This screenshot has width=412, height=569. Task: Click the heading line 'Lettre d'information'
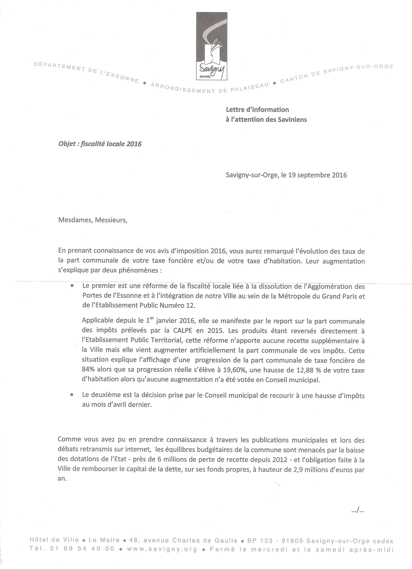[x=257, y=110]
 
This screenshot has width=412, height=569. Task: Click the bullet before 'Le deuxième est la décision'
[x=72, y=395]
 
